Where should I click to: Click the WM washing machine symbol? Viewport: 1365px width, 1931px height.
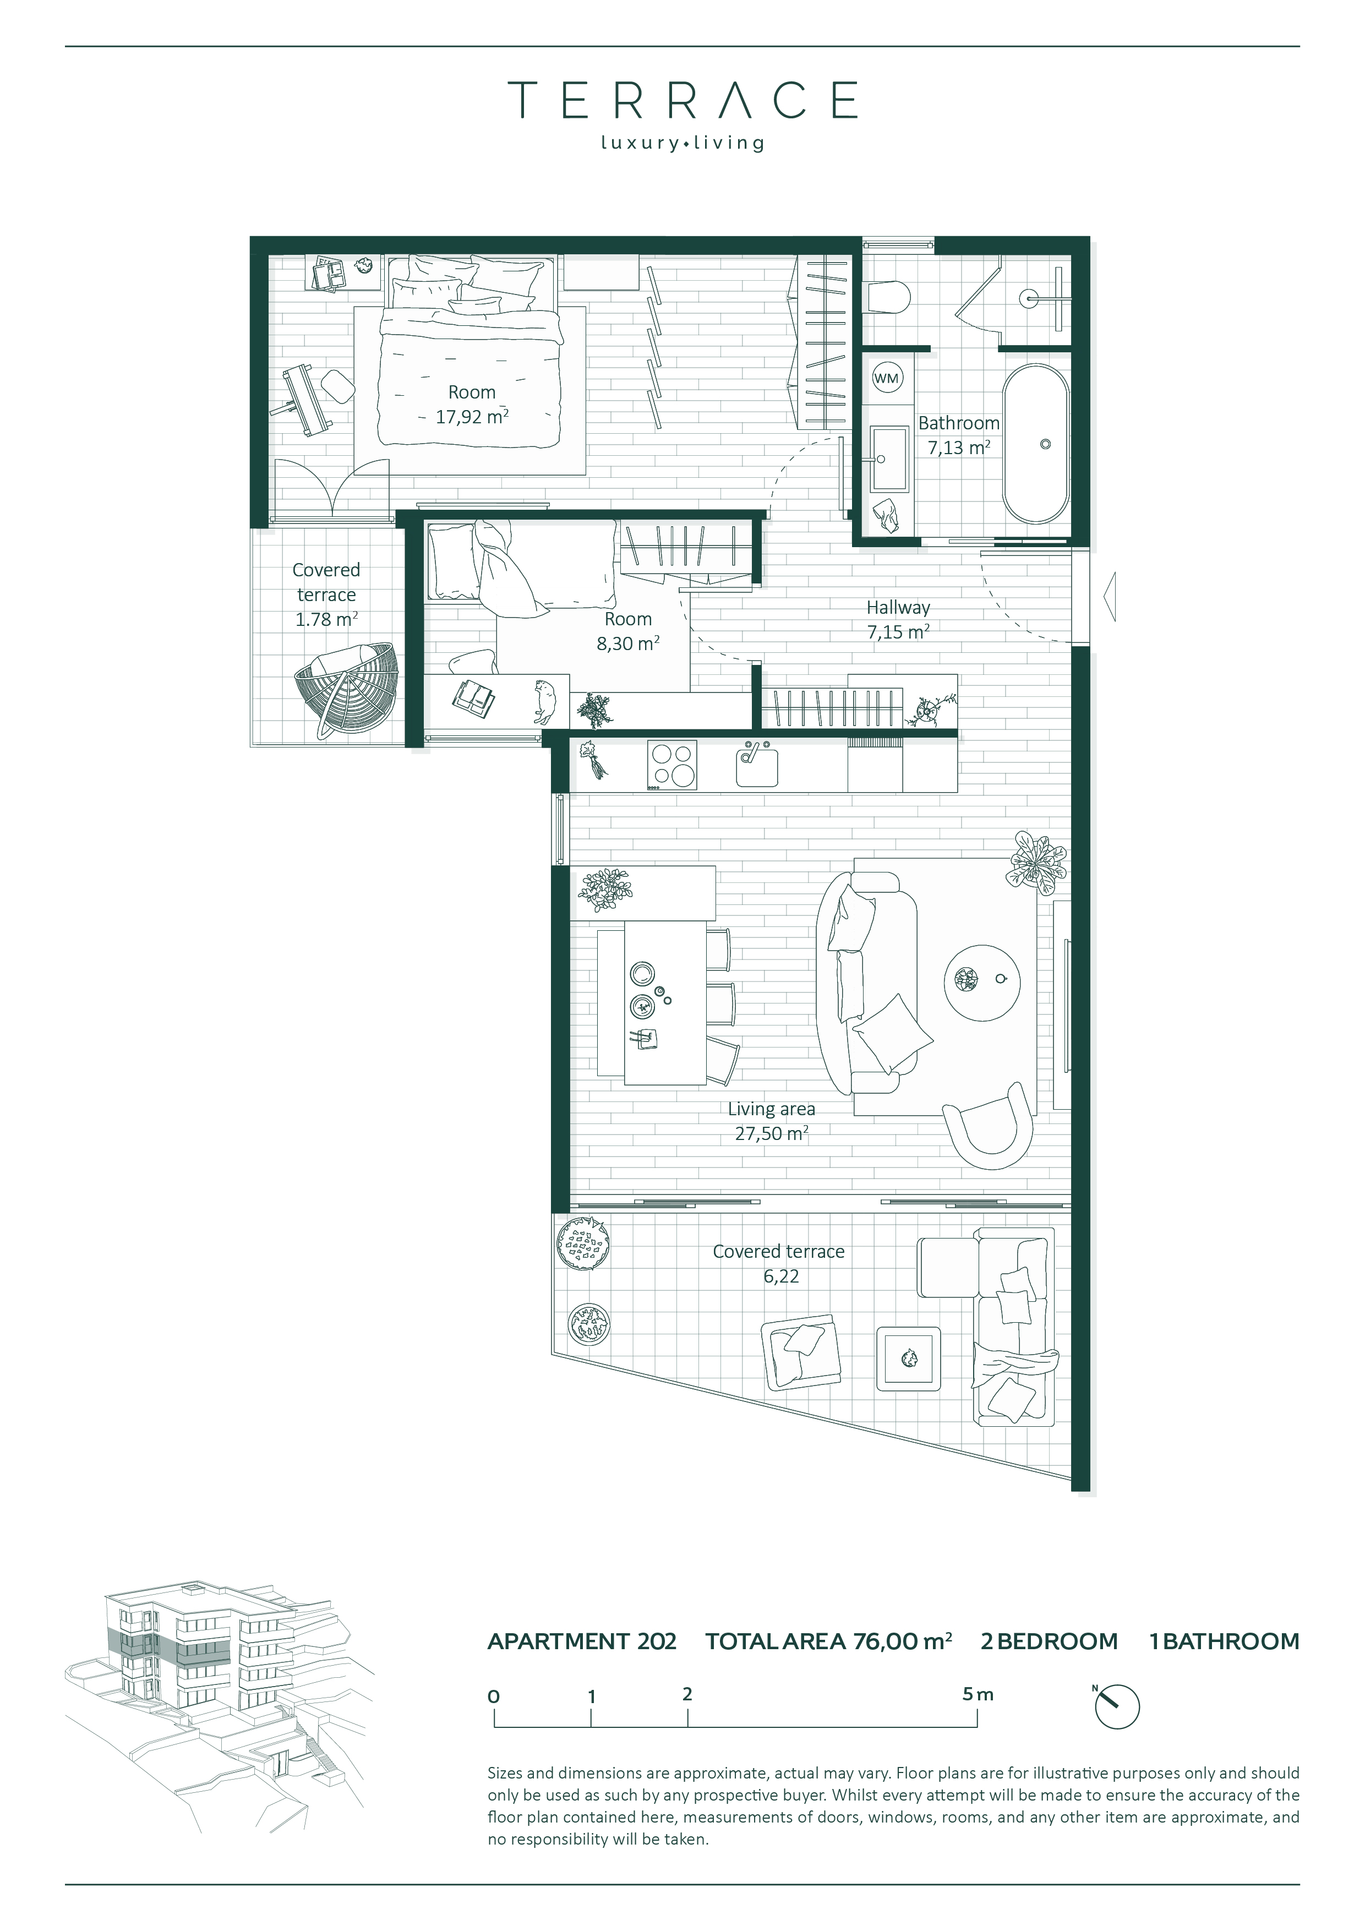(887, 379)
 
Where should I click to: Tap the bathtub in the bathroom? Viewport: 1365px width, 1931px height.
(1035, 443)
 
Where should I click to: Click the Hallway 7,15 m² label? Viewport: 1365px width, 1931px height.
(898, 619)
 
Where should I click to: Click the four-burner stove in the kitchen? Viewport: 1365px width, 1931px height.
(672, 765)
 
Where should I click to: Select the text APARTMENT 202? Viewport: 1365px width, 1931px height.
(582, 1641)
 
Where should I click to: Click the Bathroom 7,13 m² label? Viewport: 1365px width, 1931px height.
(959, 435)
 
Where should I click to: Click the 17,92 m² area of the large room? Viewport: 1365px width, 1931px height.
(472, 416)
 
